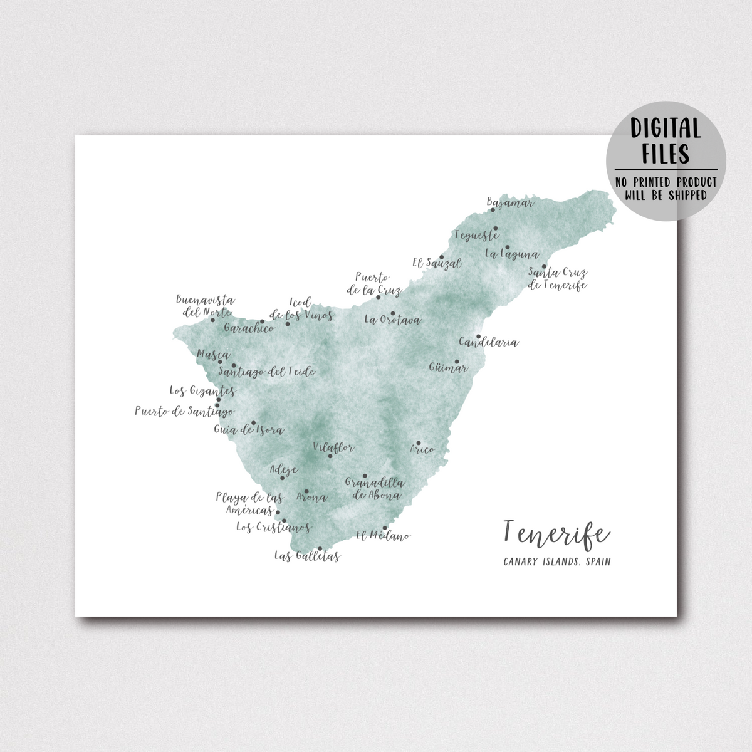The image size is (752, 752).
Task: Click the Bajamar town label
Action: pyautogui.click(x=510, y=203)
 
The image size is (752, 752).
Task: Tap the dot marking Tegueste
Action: pyautogui.click(x=495, y=228)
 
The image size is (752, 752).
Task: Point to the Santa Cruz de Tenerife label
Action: pyautogui.click(x=557, y=279)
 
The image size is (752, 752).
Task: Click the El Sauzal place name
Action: pyautogui.click(x=437, y=264)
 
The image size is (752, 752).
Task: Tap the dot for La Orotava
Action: pyautogui.click(x=393, y=313)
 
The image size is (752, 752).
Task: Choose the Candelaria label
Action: pyautogui.click(x=489, y=343)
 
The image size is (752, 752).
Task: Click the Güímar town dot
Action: pyautogui.click(x=457, y=362)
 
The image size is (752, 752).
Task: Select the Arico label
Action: pyautogui.click(x=422, y=449)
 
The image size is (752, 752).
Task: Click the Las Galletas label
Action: pyautogui.click(x=307, y=556)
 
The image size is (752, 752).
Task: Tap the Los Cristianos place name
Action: pyautogui.click(x=273, y=528)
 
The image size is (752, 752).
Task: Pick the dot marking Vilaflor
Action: pyautogui.click(x=330, y=456)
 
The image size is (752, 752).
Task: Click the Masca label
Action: pyautogui.click(x=213, y=355)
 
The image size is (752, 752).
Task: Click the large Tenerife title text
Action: pyautogui.click(x=556, y=533)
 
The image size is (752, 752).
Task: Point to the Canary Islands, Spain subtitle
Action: pyautogui.click(x=556, y=561)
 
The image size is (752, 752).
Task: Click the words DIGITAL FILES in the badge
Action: pyautogui.click(x=666, y=141)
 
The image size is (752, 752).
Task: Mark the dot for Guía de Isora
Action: pyautogui.click(x=254, y=423)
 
